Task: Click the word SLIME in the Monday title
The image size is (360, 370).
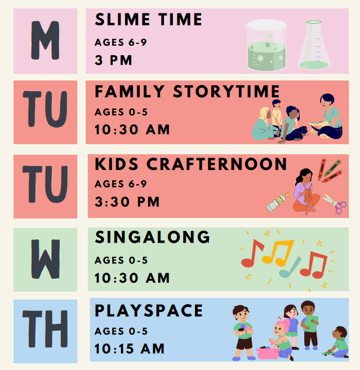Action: coord(122,19)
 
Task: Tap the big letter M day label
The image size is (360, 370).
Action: coord(45,41)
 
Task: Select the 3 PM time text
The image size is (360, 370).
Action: coord(113,60)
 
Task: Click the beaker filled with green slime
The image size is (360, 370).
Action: coord(265,45)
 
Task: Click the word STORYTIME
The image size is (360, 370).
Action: coord(226,92)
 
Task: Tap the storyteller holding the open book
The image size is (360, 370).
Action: coord(327,116)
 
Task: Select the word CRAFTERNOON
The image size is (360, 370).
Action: coord(216,164)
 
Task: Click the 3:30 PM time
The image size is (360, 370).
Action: coord(127,202)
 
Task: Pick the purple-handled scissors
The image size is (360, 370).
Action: coord(335,204)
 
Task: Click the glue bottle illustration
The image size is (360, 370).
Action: coord(278,202)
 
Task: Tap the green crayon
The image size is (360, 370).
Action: coord(332,168)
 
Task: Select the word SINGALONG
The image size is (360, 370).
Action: coord(152,237)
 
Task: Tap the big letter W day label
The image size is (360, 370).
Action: coord(46,259)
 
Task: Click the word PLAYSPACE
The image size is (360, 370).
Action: coord(149,310)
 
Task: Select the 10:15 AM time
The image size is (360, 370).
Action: coord(130,349)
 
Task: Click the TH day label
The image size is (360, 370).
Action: coord(45,329)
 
